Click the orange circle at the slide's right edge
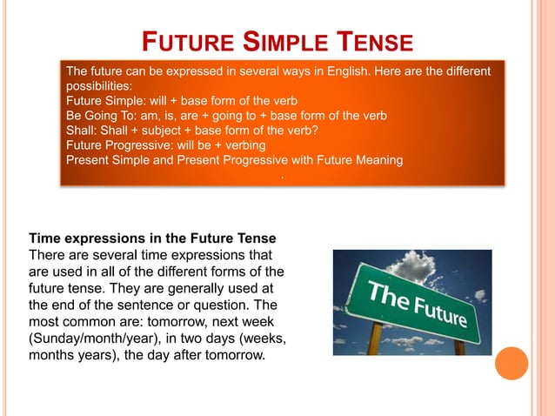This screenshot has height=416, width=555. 512,363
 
